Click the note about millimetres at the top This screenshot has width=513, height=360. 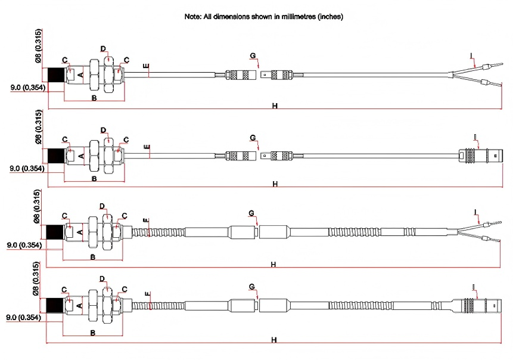tap(264, 17)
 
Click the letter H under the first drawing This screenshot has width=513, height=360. tap(275, 105)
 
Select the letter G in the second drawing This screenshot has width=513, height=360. tap(253, 138)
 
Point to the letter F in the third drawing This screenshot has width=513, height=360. tap(145, 221)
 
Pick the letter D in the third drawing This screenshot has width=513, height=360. tap(102, 206)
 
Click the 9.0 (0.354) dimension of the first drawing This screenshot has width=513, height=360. tap(28, 88)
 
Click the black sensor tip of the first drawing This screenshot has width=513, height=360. tap(57, 75)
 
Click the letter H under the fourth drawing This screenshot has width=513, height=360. tap(273, 340)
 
